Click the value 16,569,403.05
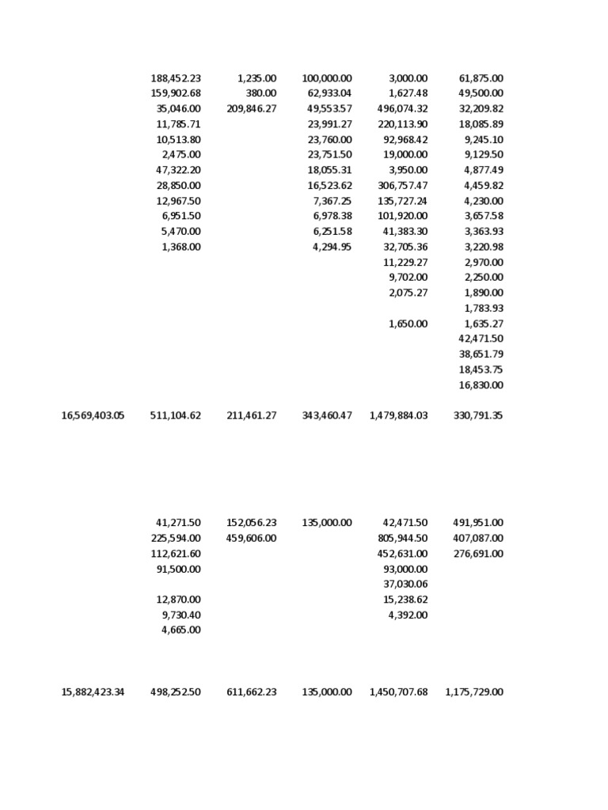93,415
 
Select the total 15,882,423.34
93,692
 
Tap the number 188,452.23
176,78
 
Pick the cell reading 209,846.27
252,109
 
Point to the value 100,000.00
327,78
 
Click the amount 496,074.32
402,109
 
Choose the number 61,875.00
481,78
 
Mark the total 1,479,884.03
398,415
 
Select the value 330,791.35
478,415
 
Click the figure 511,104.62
176,415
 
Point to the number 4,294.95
332,247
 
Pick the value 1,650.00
408,324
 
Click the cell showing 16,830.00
481,385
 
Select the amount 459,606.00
252,538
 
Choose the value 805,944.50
402,538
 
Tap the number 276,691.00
478,554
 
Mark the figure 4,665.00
181,630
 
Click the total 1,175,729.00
474,692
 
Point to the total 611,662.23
252,692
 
